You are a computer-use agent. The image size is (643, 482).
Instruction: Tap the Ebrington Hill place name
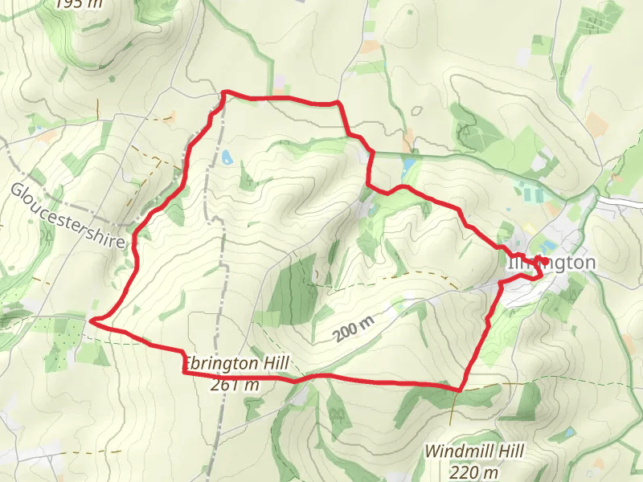236,364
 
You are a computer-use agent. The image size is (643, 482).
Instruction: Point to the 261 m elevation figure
235,384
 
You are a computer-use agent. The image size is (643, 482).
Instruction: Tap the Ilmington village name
551,263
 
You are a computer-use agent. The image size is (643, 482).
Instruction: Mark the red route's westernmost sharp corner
91,321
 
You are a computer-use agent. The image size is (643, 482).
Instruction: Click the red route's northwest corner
224,92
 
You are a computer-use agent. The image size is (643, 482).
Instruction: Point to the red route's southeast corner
459,390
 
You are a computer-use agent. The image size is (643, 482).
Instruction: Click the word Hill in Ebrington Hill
273,364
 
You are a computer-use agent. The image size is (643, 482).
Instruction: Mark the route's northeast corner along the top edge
338,103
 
